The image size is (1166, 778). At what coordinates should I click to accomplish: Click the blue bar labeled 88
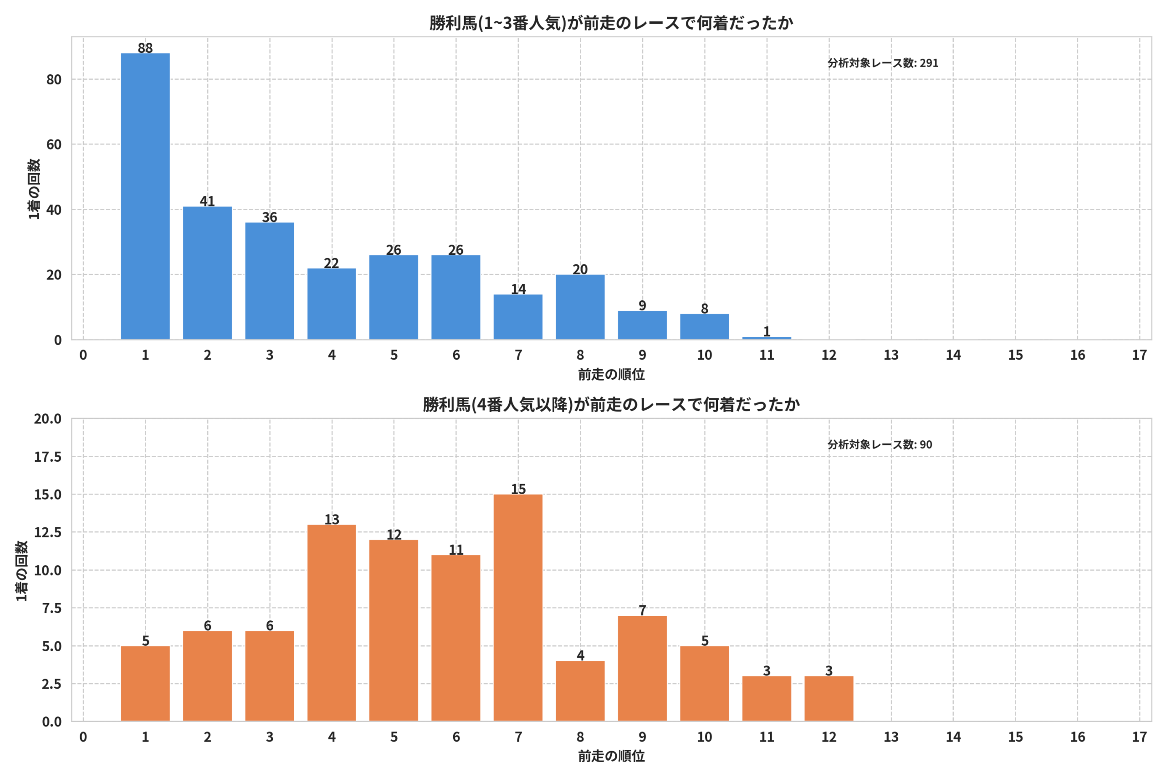(145, 196)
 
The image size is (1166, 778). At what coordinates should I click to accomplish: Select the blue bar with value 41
(207, 273)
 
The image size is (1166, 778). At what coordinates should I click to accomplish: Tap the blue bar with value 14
(518, 317)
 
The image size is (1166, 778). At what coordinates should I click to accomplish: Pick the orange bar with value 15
(518, 608)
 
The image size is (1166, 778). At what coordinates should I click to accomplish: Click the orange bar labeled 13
(332, 623)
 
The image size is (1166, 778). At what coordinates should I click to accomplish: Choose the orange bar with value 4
(580, 691)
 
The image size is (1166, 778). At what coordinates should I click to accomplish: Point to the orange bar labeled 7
(643, 668)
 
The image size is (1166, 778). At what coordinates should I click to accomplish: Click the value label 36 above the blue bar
(270, 217)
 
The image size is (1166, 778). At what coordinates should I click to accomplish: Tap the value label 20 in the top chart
(580, 269)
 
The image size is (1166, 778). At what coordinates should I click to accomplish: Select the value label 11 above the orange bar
(456, 550)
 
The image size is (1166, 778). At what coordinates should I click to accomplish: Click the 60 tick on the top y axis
(54, 144)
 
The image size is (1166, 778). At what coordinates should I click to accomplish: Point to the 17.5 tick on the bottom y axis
(47, 457)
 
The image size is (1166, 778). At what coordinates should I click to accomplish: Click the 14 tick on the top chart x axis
(953, 355)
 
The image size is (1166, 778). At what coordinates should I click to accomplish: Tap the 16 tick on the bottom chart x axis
(1077, 737)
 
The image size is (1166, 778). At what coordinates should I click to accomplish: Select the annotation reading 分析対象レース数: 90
(880, 444)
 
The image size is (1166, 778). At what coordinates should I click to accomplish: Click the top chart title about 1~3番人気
(611, 23)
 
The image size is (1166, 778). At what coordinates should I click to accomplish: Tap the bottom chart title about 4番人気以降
(611, 404)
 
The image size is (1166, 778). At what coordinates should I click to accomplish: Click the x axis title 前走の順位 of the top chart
(611, 375)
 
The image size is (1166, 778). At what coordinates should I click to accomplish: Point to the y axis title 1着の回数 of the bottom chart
(22, 571)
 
